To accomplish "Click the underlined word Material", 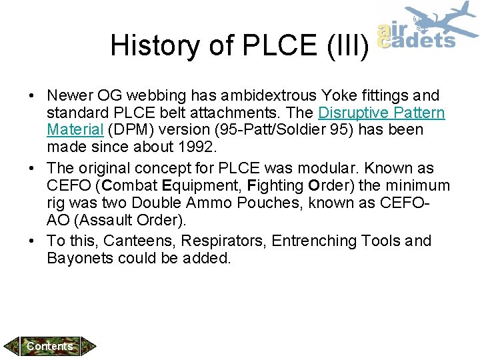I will tap(73, 129).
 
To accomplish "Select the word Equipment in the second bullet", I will tap(194, 184).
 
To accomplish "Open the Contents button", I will tap(50, 346).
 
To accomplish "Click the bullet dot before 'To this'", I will tap(33, 241).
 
